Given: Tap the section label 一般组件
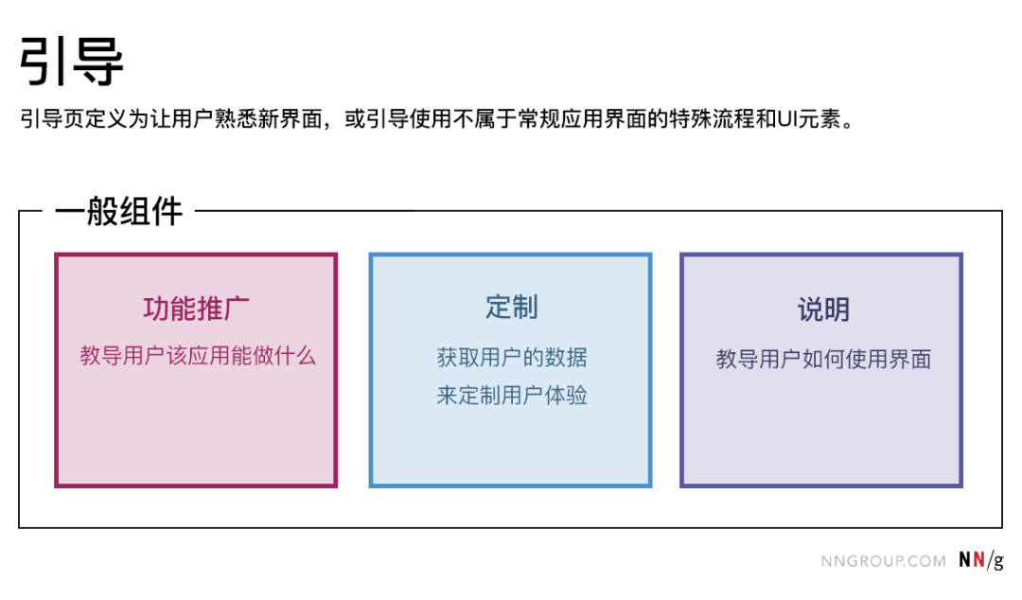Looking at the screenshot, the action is (x=118, y=211).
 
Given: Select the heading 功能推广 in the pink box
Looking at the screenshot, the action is (x=197, y=309).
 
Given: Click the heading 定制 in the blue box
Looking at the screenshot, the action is (x=511, y=307).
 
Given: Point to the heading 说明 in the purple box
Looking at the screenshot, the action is (x=822, y=309).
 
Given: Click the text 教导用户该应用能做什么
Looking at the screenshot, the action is (x=197, y=356).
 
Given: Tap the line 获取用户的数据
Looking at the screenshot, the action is (x=511, y=358).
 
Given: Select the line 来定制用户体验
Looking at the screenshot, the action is (x=511, y=396).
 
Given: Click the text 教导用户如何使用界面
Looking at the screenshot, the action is (x=822, y=360).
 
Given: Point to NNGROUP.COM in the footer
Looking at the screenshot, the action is (x=883, y=561).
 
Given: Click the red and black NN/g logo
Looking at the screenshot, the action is (x=980, y=560).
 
